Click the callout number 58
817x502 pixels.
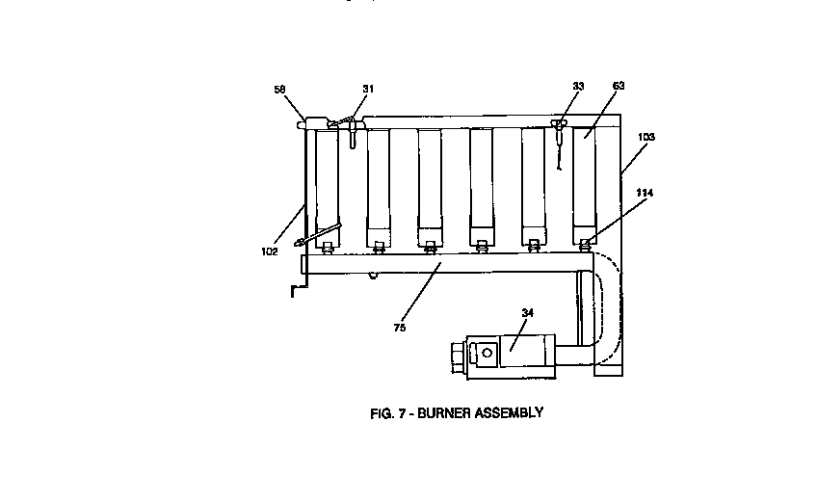(x=279, y=89)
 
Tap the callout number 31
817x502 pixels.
(x=368, y=89)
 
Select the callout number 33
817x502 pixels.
(x=578, y=87)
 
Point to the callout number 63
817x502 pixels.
(x=619, y=87)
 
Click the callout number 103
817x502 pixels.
(x=646, y=138)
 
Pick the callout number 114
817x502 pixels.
(x=645, y=194)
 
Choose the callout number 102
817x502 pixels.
(x=269, y=251)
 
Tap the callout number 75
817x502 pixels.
(x=400, y=328)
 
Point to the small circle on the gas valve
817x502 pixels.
(x=488, y=353)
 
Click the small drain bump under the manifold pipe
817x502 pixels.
(x=372, y=276)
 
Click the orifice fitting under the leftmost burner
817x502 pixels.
(x=328, y=249)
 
